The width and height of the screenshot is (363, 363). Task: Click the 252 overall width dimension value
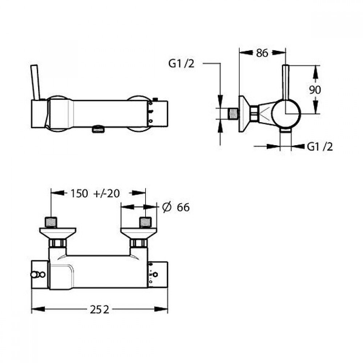99,310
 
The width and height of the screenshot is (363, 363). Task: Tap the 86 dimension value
262,53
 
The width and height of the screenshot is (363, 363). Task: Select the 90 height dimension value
315,90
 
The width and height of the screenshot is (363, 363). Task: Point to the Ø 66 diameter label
176,207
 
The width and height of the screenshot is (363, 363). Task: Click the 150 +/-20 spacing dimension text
95,193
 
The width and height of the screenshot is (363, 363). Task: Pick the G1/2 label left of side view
181,63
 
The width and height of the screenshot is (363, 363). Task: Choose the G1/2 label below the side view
320,147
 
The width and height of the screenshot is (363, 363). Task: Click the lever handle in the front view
35,82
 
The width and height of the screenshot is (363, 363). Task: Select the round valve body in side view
286,114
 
